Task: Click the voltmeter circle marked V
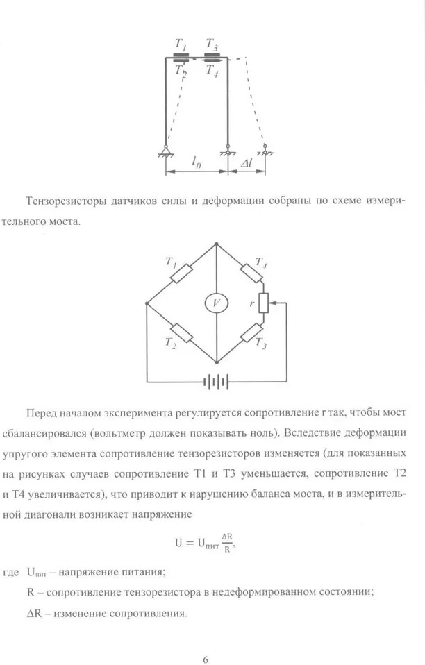click(x=216, y=303)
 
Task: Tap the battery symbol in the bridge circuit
click(x=216, y=381)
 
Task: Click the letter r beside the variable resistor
click(x=253, y=303)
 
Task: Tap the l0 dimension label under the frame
click(x=196, y=165)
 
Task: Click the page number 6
click(x=206, y=640)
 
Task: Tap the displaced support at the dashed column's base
click(x=265, y=149)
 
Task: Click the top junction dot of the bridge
click(x=216, y=244)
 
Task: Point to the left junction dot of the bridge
click(x=147, y=303)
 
